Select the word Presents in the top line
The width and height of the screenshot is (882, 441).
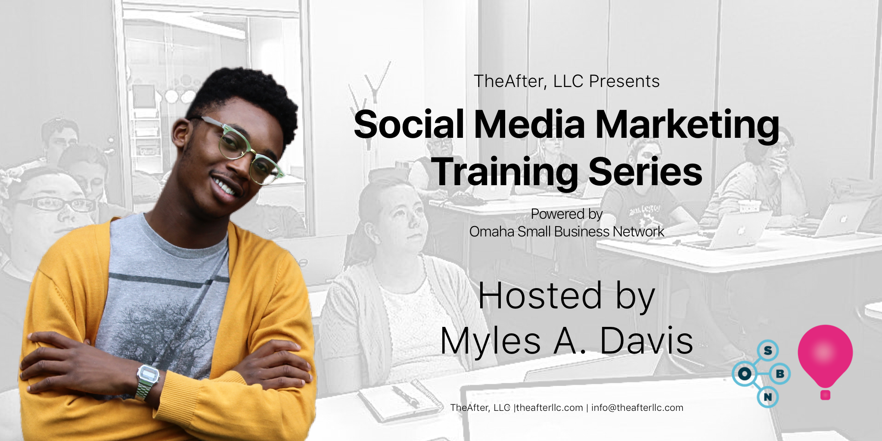click(x=624, y=81)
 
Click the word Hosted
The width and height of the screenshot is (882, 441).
click(x=540, y=296)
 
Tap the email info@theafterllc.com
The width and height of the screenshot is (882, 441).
click(x=637, y=408)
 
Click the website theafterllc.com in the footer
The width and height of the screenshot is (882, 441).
click(x=550, y=408)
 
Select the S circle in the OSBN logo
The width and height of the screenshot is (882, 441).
click(x=768, y=351)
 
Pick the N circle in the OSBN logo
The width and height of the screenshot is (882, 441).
click(x=767, y=397)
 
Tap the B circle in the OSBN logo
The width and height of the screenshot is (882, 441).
click(x=780, y=373)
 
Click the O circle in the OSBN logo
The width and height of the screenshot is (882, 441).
click(x=744, y=373)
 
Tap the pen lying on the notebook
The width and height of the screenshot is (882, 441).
click(x=405, y=396)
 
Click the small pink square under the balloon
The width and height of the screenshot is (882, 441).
click(x=825, y=394)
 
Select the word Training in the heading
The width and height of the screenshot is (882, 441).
click(x=505, y=172)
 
